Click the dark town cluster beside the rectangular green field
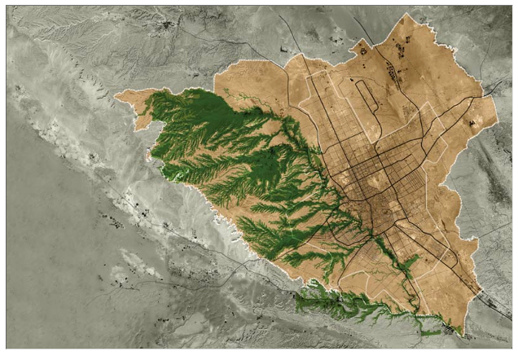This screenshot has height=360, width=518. click(x=451, y=331)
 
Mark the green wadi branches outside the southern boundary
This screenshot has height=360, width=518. click(x=342, y=305)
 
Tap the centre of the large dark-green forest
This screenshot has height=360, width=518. click(x=220, y=138)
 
